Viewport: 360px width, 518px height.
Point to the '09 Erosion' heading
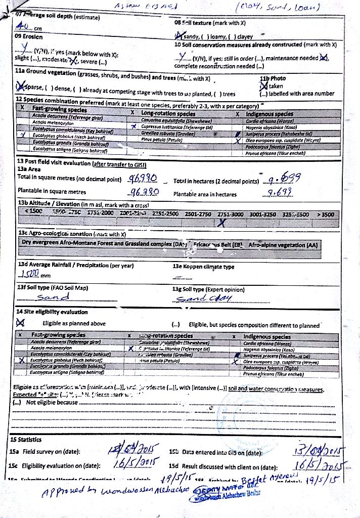tap(28, 37)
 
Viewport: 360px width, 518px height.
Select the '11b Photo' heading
tap(273, 78)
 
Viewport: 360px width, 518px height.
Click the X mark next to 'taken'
tap(263, 86)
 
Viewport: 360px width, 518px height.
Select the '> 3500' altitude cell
tap(325, 214)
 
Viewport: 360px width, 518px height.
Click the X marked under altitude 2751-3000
tap(221, 222)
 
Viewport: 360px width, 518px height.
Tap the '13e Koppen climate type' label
tap(203, 266)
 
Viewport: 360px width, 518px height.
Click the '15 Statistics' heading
tap(31, 440)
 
